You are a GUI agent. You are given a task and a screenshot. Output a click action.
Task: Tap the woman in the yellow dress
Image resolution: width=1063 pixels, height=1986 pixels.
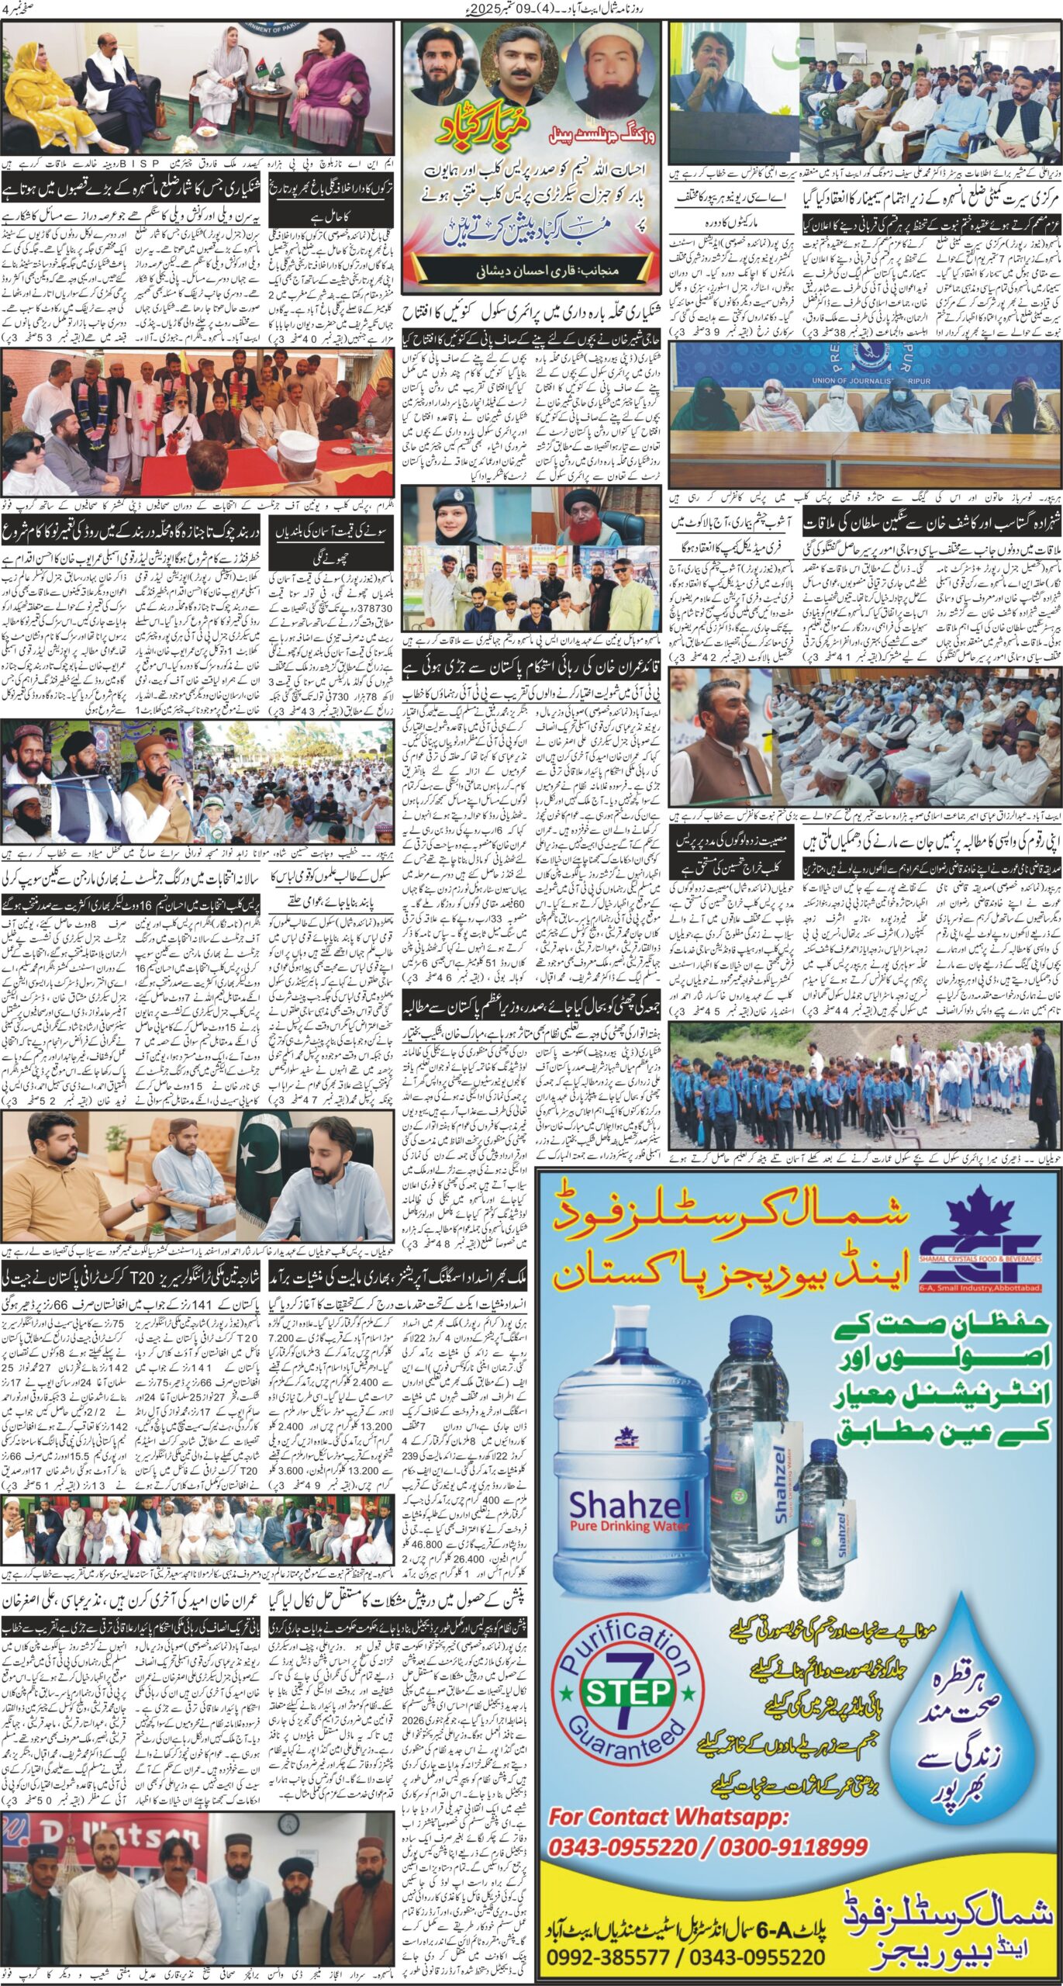coord(37,85)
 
